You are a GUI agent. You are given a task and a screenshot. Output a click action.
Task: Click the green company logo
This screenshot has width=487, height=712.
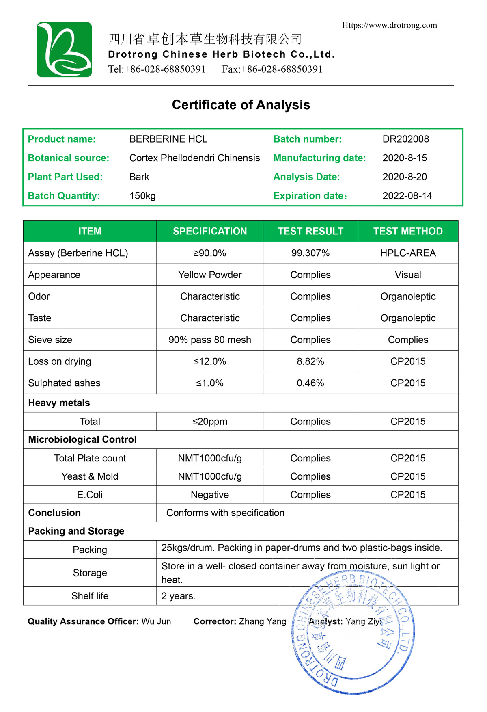coord(64,50)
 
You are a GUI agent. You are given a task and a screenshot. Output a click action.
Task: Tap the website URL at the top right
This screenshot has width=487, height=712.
coord(389,25)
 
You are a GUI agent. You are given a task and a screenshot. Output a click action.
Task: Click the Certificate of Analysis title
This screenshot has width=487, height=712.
coord(241,105)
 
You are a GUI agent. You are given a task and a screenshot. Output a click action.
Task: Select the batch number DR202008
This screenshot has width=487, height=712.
coord(405,139)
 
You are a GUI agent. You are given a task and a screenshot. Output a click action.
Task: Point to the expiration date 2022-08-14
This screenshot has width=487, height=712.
coord(407,196)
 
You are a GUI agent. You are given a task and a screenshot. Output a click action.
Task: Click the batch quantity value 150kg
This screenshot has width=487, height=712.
coord(142,196)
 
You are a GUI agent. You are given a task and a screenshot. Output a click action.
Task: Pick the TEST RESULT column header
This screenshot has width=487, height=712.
coord(310,231)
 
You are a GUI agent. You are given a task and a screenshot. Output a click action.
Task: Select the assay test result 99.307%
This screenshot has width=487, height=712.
coord(310,253)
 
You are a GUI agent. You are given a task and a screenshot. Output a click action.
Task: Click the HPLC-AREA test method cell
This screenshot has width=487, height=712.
coord(408,253)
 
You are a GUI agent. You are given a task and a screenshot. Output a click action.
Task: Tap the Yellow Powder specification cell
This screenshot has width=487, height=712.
coord(210,275)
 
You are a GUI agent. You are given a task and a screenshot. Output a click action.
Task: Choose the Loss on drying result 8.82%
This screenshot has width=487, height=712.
coord(310,361)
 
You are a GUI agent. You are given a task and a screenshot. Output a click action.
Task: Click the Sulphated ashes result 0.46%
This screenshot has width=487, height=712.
coord(310,383)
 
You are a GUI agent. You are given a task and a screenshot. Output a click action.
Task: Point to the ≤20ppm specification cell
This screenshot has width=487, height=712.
coord(210,422)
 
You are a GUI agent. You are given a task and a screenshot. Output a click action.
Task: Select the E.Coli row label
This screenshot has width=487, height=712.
coord(90,495)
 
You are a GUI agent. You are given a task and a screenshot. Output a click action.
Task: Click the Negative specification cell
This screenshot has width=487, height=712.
coord(210,495)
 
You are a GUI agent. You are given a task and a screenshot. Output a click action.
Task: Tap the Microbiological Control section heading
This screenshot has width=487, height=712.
coord(82,439)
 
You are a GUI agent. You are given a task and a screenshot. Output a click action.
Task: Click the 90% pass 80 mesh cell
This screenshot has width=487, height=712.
coord(210,340)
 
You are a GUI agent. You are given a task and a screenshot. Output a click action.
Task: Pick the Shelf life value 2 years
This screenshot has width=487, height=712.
coord(179,596)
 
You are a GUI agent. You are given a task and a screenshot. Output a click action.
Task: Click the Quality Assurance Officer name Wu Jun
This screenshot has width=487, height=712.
coord(156,621)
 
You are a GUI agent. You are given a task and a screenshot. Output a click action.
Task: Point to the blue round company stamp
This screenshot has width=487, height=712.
coord(353,634)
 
